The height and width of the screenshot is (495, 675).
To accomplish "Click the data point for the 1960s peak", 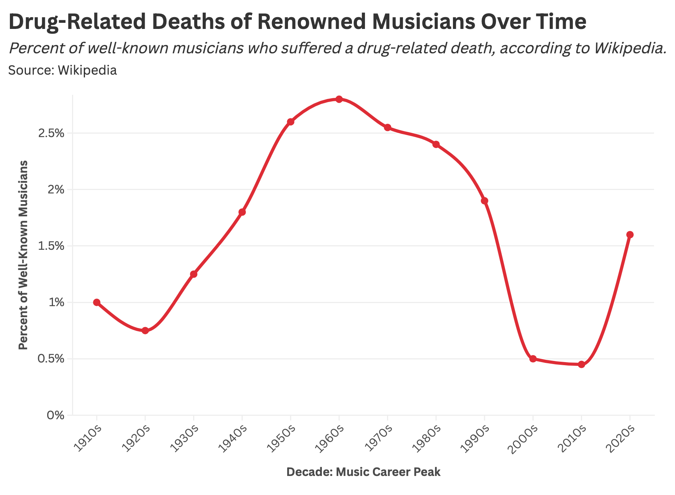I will pos(339,99).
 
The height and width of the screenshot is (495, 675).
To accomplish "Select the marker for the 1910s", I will pos(97,302).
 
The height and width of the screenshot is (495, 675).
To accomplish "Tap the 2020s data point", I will pos(630,235).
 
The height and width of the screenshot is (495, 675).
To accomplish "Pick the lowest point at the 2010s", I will pos(581,364).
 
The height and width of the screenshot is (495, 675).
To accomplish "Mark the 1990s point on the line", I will pos(485,201).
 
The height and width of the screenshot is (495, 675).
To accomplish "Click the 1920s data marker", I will pos(145,331).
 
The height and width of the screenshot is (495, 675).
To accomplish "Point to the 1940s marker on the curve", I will pos(242,212).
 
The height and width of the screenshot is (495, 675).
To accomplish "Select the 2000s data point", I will pos(533,359).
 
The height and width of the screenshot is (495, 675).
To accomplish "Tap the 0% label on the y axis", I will pos(55,415).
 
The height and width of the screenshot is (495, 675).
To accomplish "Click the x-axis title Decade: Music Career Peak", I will pos(363,472).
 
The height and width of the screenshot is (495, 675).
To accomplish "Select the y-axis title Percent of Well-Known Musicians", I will pos(23,255).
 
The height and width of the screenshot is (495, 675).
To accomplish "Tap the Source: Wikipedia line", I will pos(62,70).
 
